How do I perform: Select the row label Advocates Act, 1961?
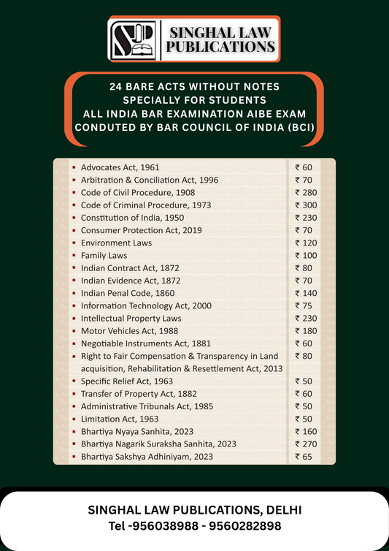[120, 167]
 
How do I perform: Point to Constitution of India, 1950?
[132, 218]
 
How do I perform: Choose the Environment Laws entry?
[116, 243]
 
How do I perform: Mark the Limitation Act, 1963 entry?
[120, 419]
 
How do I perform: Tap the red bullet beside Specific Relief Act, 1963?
[74, 381]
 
